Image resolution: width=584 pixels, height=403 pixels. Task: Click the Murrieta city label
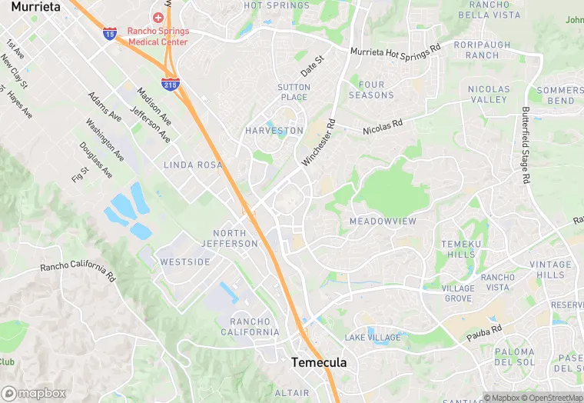click(35, 6)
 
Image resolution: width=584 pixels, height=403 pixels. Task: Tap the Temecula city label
click(319, 362)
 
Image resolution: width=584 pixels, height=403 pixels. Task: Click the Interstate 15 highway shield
click(110, 33)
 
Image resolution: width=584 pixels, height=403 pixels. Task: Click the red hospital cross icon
click(158, 17)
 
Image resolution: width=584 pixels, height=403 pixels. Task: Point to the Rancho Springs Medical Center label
click(158, 36)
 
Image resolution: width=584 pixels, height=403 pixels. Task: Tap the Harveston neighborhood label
click(275, 131)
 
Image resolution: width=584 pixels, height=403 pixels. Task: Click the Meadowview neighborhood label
click(383, 221)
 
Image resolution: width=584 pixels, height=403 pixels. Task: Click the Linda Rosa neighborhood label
click(193, 165)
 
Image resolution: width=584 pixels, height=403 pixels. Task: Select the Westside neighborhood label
click(185, 262)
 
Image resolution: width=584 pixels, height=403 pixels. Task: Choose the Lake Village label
click(373, 338)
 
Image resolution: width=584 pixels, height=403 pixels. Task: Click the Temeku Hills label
click(459, 249)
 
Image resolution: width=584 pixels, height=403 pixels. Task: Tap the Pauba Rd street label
click(484, 332)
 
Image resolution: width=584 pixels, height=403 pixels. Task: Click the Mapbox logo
click(34, 393)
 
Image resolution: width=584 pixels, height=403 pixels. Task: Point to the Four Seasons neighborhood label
click(371, 90)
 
